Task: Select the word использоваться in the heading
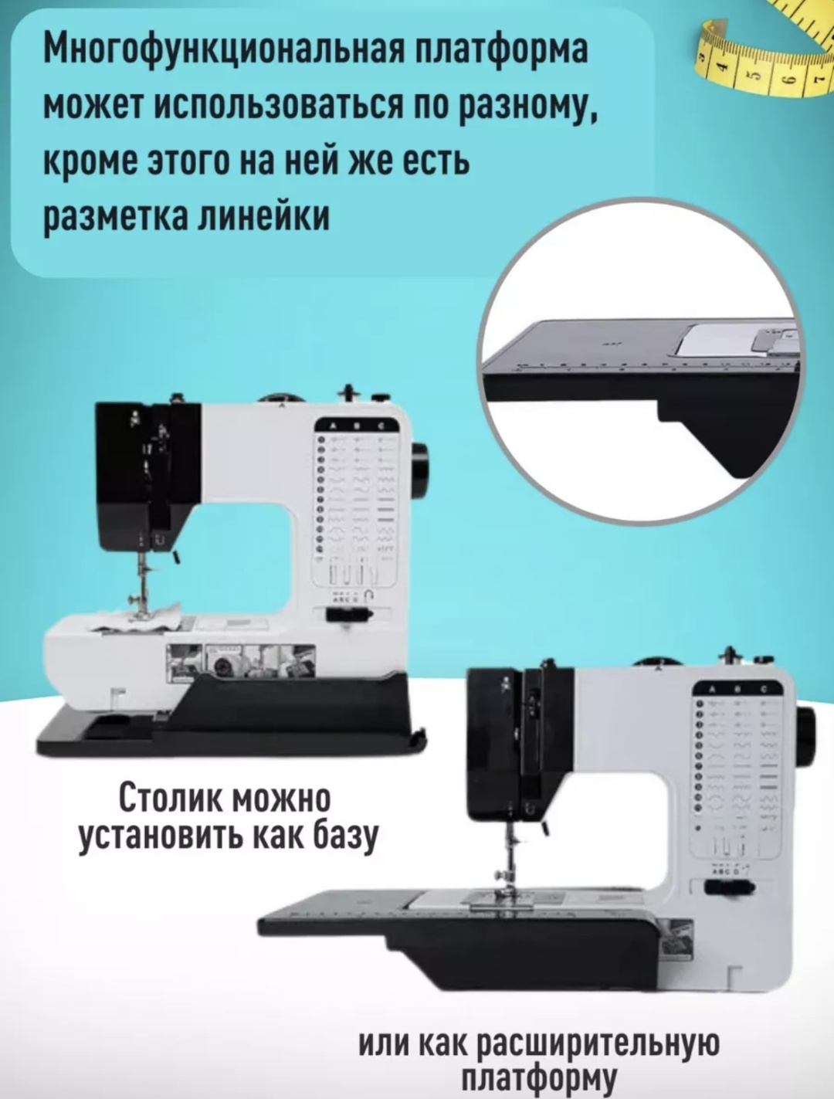pos(283,107)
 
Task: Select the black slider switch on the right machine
pos(729,887)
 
